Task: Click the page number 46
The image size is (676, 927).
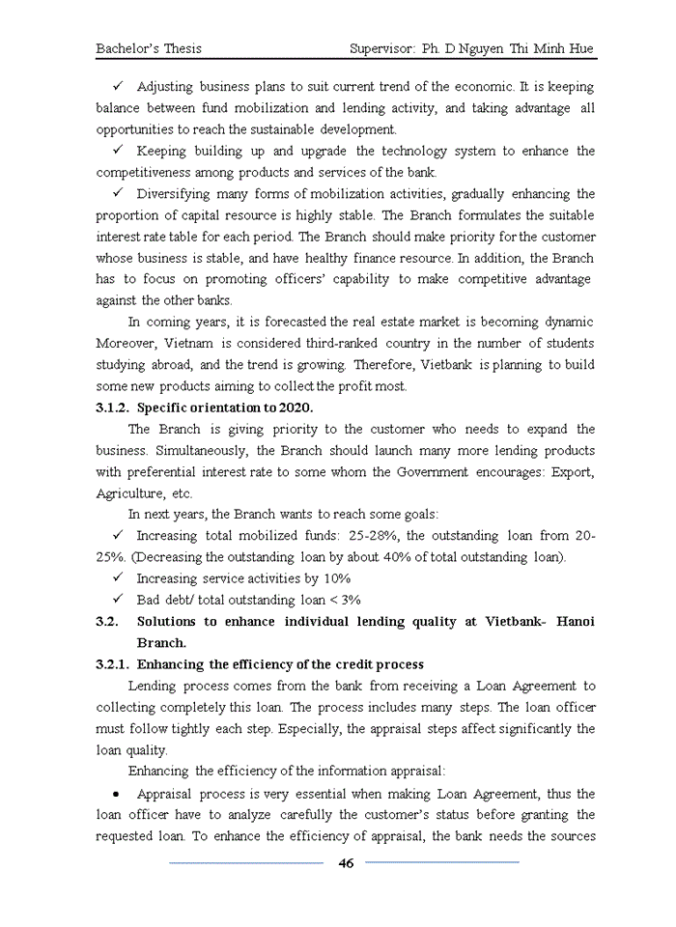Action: pos(345,863)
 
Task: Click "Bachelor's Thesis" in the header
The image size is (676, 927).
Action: pos(149,47)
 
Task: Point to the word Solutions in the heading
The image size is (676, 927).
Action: pos(166,622)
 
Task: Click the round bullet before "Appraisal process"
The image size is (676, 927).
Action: pos(115,794)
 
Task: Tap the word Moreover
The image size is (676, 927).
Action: pos(127,344)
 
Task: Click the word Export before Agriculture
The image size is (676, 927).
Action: pos(572,472)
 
